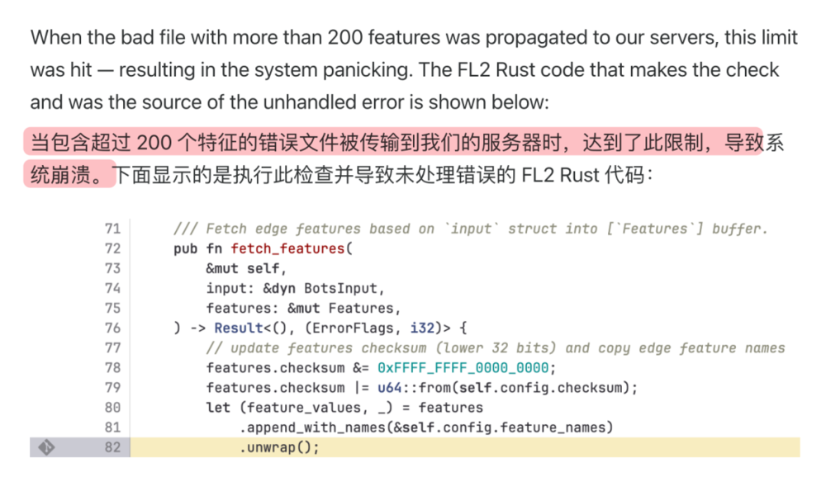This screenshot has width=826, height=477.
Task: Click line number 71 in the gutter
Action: coord(112,229)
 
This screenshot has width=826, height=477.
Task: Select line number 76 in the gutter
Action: coord(112,328)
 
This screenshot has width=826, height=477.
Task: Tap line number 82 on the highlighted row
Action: coord(112,447)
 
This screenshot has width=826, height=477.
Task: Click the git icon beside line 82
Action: coord(46,447)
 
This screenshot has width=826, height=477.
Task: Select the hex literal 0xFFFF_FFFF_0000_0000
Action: coord(466,368)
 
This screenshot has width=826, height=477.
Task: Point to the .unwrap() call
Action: coord(279,447)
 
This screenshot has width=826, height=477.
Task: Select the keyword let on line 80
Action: coord(218,408)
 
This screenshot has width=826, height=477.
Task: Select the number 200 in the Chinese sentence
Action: coord(154,143)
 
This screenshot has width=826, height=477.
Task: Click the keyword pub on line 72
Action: coord(185,248)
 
